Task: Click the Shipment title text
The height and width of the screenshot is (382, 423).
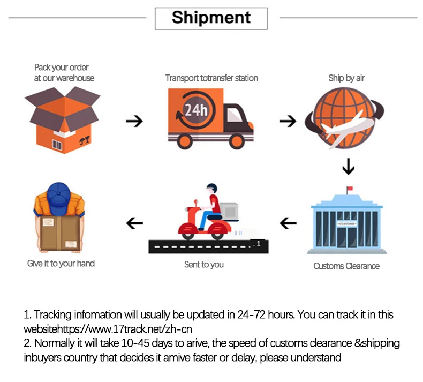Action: pos(211,18)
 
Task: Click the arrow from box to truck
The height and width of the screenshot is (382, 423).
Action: pos(134,121)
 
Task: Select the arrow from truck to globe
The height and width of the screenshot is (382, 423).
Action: pos(288,121)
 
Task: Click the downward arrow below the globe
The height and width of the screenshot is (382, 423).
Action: pos(349,168)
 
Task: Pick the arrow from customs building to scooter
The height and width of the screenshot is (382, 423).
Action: pos(289,222)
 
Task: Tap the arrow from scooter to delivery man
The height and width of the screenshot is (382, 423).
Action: pos(134,222)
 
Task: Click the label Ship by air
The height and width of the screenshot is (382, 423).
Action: pos(346,78)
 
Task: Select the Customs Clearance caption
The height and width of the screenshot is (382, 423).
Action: pos(346,266)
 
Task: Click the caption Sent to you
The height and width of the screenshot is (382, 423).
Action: pos(203,264)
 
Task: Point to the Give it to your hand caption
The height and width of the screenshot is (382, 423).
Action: pos(61,264)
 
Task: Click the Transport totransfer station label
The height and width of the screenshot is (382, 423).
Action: pos(211,78)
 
